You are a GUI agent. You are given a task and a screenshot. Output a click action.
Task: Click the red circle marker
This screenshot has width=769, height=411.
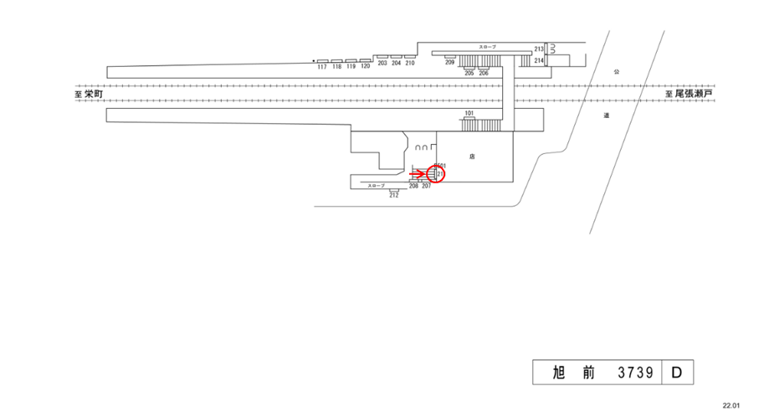437,174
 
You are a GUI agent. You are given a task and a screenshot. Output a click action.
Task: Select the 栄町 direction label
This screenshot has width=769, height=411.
93,95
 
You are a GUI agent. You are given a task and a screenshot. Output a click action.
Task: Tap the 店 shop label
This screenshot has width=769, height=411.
472,157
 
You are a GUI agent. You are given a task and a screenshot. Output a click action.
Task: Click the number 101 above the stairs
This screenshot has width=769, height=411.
469,113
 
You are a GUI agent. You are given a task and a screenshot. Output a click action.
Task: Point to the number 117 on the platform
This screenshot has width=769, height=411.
321,67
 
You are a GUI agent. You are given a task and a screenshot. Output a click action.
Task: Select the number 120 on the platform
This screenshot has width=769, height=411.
365,67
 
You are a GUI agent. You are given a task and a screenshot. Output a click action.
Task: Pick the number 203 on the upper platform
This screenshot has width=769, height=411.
382,64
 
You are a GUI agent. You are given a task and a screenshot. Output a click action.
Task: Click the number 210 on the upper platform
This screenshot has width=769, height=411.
410,64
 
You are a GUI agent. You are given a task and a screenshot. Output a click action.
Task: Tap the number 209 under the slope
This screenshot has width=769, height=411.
449,63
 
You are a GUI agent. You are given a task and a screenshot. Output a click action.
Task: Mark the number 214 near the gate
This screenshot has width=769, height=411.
539,61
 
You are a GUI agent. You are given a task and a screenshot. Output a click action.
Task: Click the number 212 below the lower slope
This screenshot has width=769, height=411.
393,195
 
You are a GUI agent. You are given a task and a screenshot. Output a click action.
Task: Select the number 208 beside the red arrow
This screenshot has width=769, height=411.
413,186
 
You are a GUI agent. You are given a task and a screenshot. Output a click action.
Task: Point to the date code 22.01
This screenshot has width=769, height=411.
732,404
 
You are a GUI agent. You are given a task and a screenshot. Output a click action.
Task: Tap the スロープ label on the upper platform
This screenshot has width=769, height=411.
487,47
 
